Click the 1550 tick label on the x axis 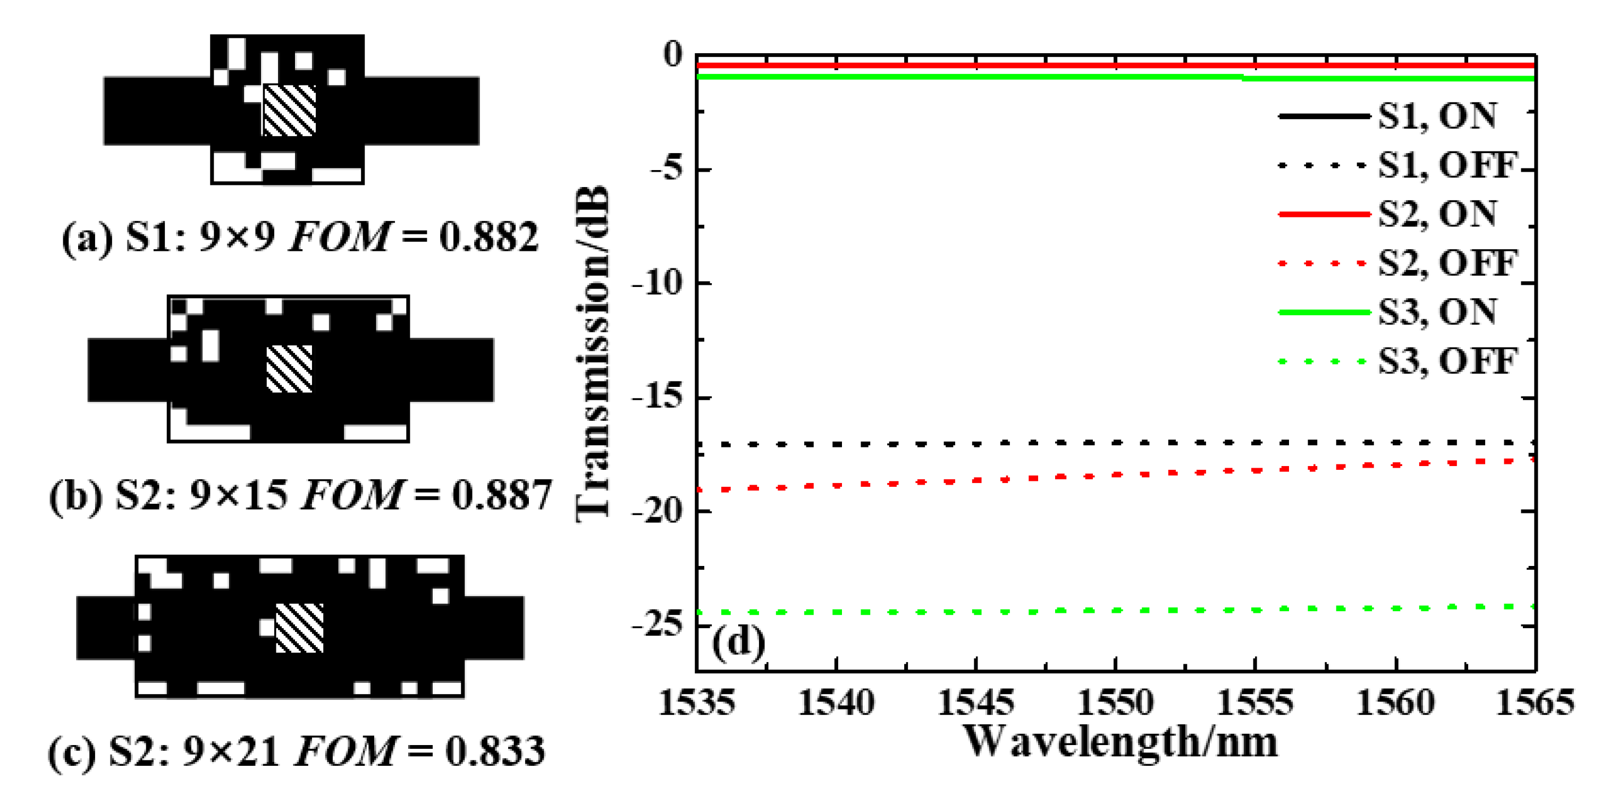[1116, 703]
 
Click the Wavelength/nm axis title [1120, 743]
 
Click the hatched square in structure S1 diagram [289, 111]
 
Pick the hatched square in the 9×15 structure [289, 369]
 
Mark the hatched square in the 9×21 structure [300, 628]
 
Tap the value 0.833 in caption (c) [495, 752]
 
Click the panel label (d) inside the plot [738, 643]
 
